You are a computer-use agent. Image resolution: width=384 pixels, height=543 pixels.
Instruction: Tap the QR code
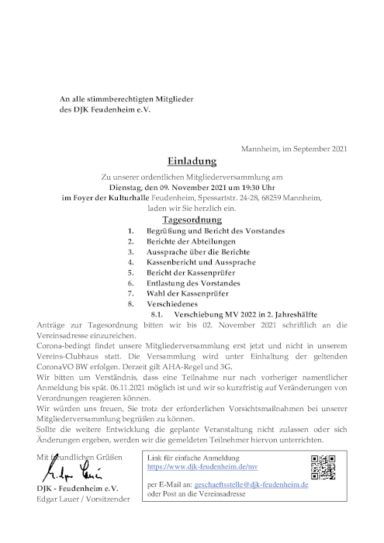point(325,468)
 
